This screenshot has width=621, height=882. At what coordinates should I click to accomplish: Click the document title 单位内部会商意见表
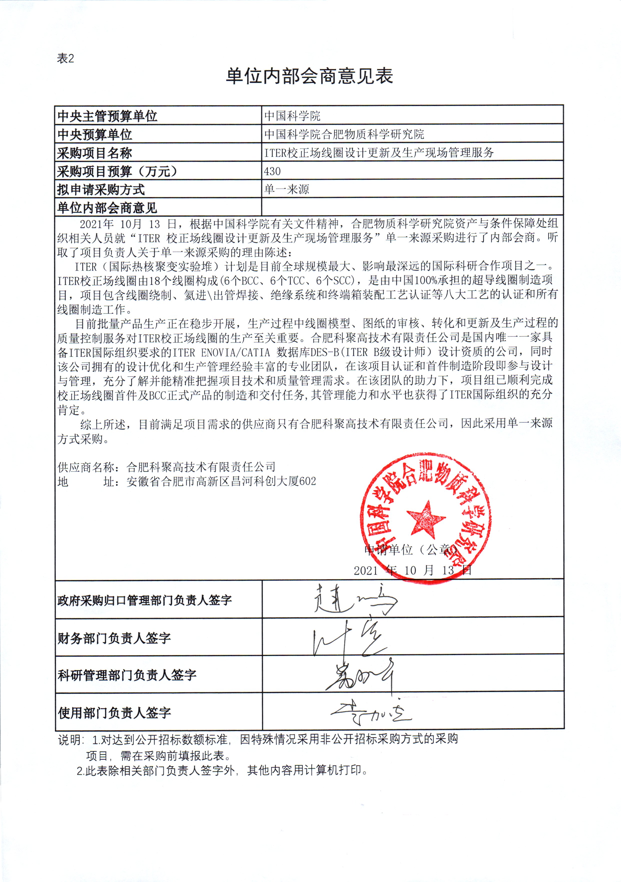[309, 76]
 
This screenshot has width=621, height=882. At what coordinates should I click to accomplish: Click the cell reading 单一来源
[287, 189]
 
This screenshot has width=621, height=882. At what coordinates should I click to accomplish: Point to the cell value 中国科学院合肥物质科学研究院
[344, 135]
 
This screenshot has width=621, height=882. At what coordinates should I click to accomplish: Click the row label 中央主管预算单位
[107, 116]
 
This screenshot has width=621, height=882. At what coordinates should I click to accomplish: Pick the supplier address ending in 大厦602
[221, 481]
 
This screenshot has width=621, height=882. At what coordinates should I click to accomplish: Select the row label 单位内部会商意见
[107, 208]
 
